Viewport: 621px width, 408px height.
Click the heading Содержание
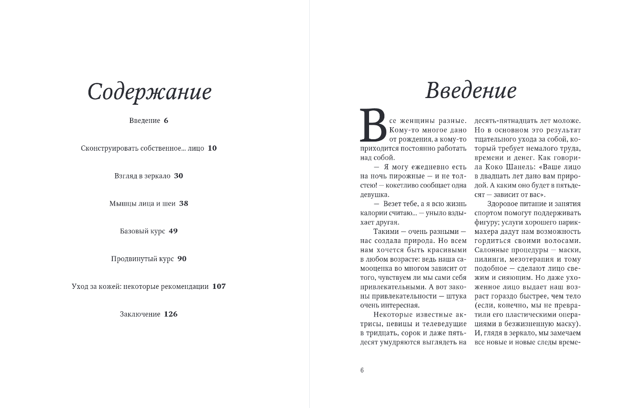pyautogui.click(x=149, y=92)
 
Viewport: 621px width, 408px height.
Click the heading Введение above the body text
pyautogui.click(x=471, y=90)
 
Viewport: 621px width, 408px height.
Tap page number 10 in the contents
pyautogui.click(x=212, y=148)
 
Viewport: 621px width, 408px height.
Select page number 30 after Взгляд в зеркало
pyautogui.click(x=178, y=176)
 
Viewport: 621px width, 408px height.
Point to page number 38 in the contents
pyautogui.click(x=184, y=204)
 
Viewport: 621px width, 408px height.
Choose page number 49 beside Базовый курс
pyautogui.click(x=173, y=232)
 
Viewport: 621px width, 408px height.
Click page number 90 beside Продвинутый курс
pyautogui.click(x=182, y=259)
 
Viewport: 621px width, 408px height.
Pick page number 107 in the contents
pyautogui.click(x=219, y=287)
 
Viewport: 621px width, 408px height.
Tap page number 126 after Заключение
pyautogui.click(x=171, y=314)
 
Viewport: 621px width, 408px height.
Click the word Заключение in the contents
pyautogui.click(x=140, y=314)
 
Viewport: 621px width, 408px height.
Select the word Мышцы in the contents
pyautogui.click(x=120, y=204)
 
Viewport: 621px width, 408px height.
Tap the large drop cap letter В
pyautogui.click(x=373, y=126)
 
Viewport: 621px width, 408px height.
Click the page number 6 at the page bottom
pyautogui.click(x=362, y=370)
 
